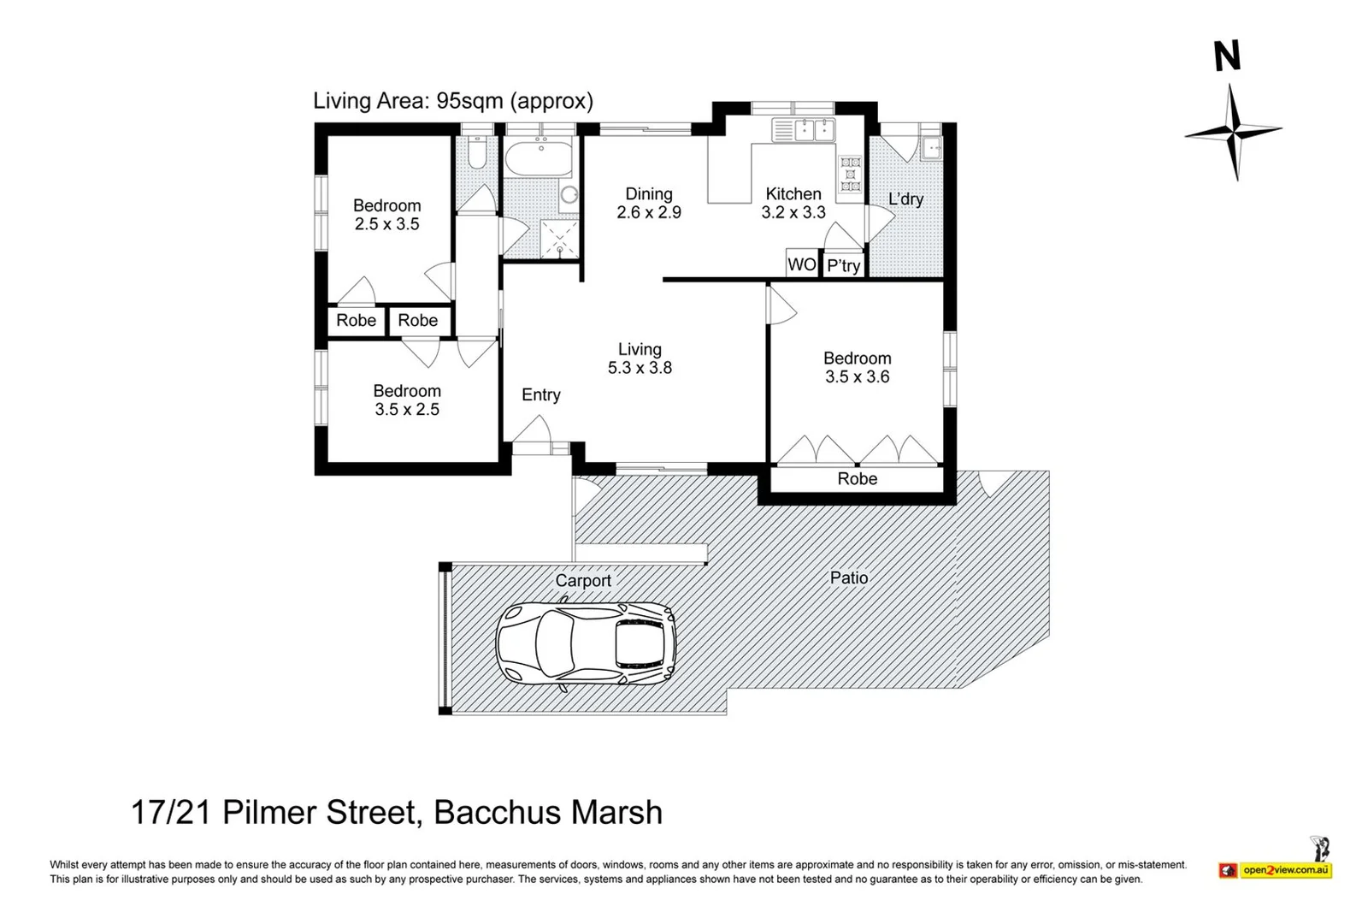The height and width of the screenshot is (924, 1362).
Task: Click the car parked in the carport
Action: (586, 645)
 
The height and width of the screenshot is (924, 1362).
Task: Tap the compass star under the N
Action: (1234, 132)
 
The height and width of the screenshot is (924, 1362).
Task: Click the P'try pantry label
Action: (843, 266)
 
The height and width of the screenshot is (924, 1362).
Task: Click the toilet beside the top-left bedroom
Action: (477, 152)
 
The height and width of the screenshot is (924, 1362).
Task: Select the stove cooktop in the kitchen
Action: (849, 174)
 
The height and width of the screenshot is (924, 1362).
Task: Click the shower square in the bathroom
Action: (559, 239)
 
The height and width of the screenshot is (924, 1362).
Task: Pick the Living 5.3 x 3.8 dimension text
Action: (640, 367)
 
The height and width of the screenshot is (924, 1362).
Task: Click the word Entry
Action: (540, 394)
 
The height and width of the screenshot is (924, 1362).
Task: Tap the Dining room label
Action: (649, 194)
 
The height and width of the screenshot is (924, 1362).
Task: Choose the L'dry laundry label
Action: (905, 198)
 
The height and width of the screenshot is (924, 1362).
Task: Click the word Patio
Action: (849, 577)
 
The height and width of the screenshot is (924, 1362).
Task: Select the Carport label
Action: (583, 580)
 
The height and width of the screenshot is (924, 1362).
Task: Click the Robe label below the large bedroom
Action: (858, 479)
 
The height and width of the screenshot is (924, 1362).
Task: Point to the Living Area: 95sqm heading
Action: (453, 101)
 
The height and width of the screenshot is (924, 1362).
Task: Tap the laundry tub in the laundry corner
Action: (931, 148)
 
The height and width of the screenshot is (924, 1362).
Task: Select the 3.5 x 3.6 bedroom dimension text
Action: (858, 376)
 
